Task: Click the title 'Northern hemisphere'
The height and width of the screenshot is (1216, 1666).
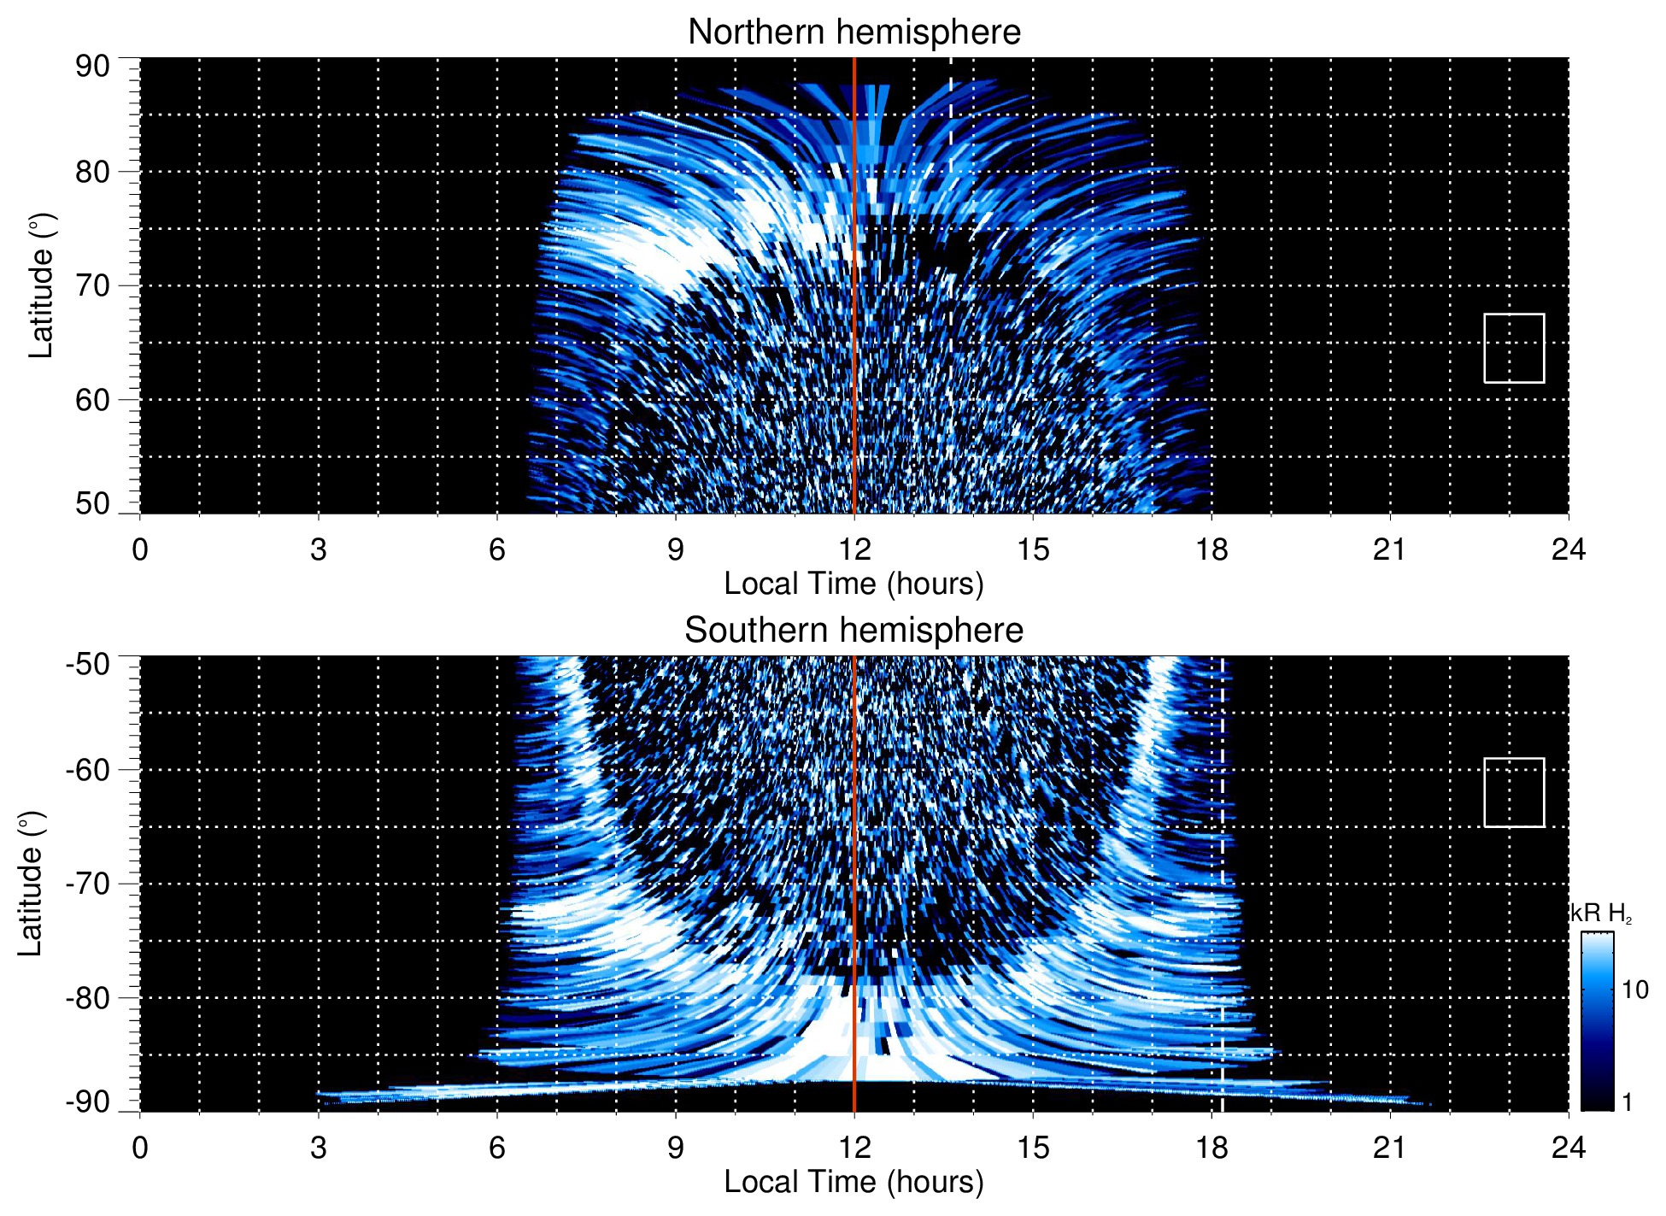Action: click(854, 32)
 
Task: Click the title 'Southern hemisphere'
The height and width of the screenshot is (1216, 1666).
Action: click(854, 631)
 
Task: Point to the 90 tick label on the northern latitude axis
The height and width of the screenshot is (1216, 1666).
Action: click(92, 67)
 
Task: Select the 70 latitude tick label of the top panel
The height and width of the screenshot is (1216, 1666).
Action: click(92, 285)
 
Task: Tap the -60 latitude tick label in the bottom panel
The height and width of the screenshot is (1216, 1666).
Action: click(88, 770)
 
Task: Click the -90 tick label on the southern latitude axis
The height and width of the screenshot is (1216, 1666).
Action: click(88, 1101)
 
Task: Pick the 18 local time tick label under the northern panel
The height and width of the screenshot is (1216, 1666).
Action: click(1211, 549)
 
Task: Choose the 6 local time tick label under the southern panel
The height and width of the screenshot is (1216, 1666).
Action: click(497, 1148)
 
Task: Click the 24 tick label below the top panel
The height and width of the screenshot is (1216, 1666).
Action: click(1568, 549)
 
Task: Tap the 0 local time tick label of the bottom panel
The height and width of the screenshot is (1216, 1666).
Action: click(140, 1148)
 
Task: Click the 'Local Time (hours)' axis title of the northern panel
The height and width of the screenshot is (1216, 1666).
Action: click(854, 584)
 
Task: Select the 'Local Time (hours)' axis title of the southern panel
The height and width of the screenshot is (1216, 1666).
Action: click(854, 1182)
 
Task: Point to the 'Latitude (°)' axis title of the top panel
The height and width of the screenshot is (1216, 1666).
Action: click(41, 285)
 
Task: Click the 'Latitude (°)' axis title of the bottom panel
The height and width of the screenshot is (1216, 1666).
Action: click(31, 884)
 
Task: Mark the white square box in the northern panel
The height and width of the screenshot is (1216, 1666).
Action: click(1514, 348)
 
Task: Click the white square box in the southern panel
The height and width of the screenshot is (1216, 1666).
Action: click(1514, 792)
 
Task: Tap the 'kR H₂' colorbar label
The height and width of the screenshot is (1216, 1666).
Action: click(1601, 913)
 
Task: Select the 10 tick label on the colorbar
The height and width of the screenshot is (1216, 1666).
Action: click(1634, 990)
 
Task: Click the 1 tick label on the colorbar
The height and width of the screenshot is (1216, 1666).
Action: click(1627, 1101)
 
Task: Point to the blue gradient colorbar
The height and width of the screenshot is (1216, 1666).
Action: click(1597, 1021)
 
